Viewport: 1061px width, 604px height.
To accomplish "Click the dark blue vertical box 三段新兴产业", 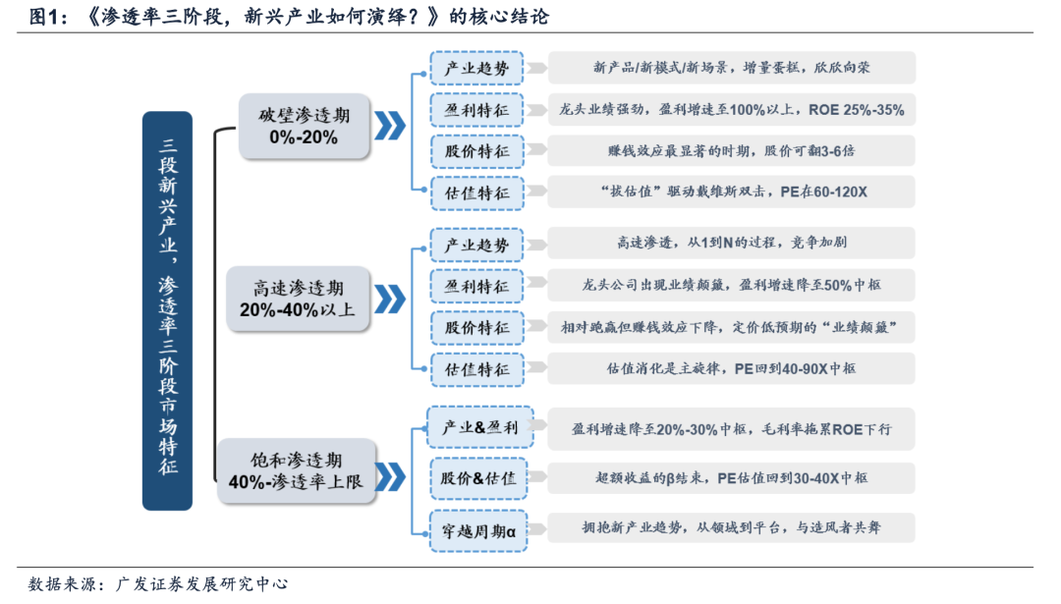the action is point(168,310).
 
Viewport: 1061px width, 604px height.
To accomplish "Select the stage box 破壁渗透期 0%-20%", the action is point(304,126).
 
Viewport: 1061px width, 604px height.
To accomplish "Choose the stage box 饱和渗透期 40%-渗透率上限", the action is point(297,471).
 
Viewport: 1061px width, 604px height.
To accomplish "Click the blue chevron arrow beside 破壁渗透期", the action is point(390,126).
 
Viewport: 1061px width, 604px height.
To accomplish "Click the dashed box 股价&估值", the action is point(478,478).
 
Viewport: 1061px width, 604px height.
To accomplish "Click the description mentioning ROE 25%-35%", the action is point(731,110).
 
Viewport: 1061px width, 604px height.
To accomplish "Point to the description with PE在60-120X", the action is point(731,192).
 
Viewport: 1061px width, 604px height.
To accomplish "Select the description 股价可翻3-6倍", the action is point(731,151).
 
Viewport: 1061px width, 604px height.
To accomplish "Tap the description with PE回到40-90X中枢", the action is point(731,369).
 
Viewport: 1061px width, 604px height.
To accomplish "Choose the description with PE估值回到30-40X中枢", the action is point(731,478).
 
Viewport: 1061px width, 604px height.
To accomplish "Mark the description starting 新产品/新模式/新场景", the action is point(731,68).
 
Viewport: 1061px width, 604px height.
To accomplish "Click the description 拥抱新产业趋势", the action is point(731,527).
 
